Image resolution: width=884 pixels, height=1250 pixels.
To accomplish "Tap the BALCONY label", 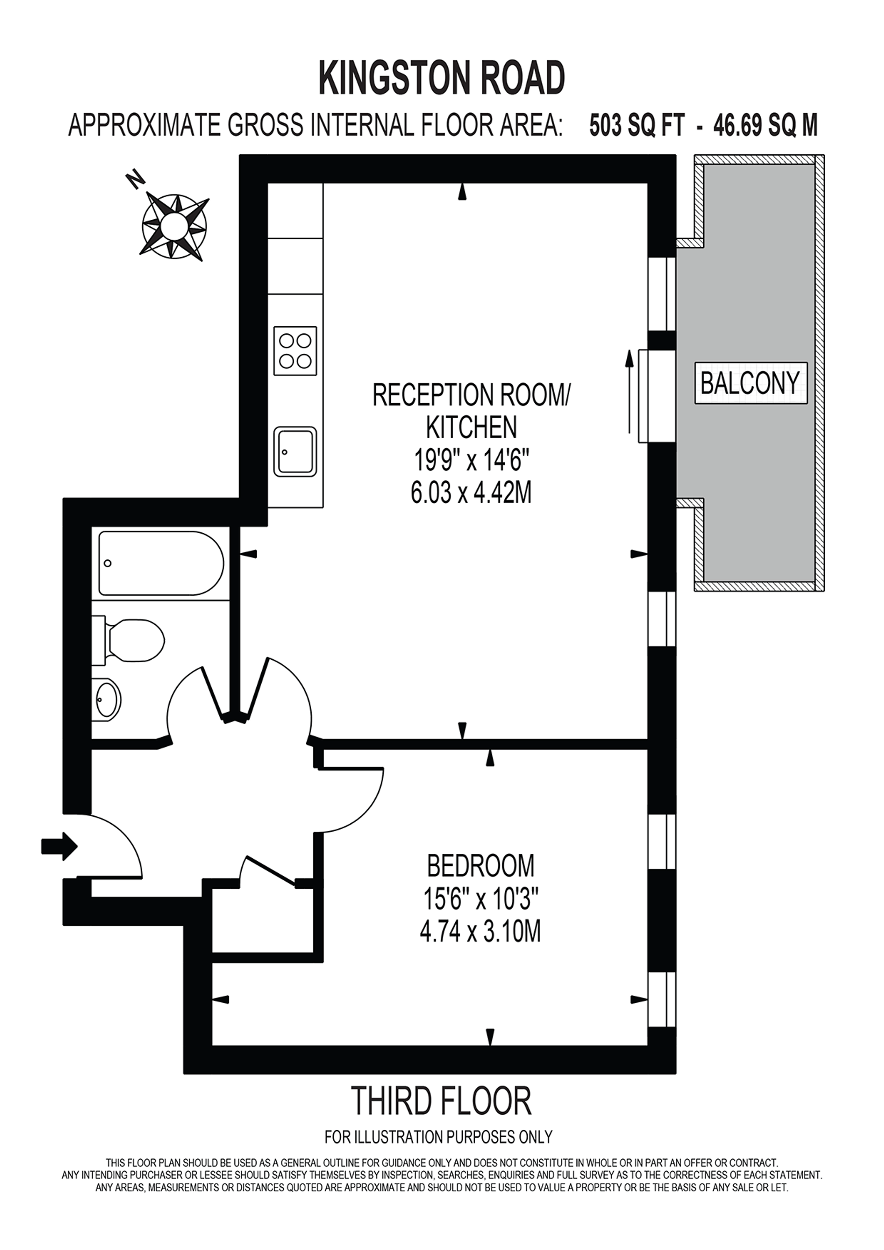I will pos(750,383).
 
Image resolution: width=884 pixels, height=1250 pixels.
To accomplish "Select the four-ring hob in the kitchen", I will pos(295,351).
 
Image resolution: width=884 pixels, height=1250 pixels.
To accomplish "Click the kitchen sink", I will pos(295,451).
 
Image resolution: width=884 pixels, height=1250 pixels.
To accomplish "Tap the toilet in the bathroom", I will pos(131,641).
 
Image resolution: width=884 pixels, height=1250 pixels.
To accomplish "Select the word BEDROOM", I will pos(480,866).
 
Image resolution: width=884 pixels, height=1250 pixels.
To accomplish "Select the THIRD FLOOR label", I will pos(441,1101).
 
